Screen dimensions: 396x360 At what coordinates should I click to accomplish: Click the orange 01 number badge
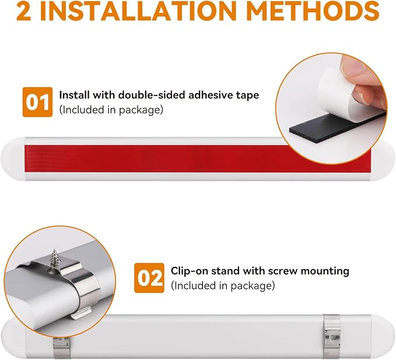[x=37, y=102]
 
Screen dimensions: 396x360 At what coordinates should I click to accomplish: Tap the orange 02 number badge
[x=149, y=278]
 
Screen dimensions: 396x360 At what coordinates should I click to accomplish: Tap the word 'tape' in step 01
[x=248, y=96]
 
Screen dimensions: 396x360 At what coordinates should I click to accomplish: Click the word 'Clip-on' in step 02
[x=190, y=271]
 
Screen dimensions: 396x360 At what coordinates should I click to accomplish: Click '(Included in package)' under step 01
[x=111, y=110]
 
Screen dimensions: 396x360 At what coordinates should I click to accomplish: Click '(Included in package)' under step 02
[x=223, y=286]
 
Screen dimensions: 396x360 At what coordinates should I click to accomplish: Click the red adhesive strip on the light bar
[x=198, y=159]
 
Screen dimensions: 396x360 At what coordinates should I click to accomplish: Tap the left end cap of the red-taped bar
[x=13, y=159]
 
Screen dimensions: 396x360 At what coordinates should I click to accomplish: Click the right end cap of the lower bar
[x=383, y=337]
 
